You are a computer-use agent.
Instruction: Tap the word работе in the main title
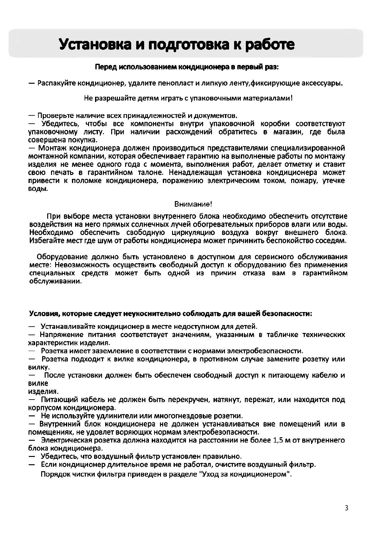pos(270,45)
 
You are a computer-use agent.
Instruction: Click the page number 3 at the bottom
pos(347,508)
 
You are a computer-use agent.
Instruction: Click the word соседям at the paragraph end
pos(331,240)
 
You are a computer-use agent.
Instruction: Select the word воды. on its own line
pos(38,189)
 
